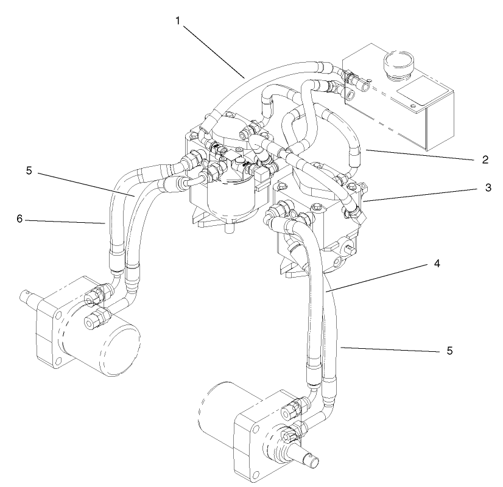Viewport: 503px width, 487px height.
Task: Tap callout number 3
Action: tap(488, 188)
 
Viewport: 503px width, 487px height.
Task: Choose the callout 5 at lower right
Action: tap(449, 351)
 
